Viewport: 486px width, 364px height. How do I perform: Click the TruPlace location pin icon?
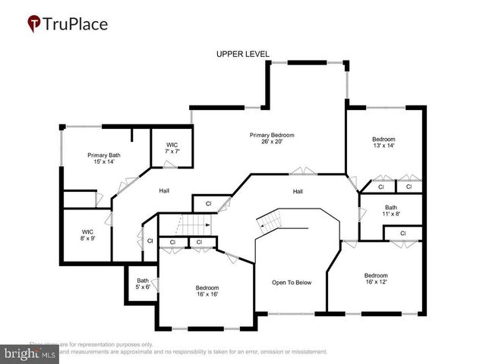pyautogui.click(x=35, y=24)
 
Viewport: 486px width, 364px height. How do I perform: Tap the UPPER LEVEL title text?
pyautogui.click(x=242, y=54)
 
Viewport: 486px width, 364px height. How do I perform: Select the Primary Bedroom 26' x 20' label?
pyautogui.click(x=272, y=139)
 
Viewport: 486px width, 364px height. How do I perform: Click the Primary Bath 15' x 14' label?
pyautogui.click(x=104, y=158)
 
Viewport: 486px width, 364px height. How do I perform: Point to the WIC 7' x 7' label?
pyautogui.click(x=172, y=147)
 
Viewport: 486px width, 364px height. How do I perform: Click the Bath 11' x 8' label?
pyautogui.click(x=390, y=211)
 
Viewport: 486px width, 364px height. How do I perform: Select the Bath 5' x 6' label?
pyautogui.click(x=143, y=284)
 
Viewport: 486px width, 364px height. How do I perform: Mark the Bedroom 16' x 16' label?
pyautogui.click(x=207, y=291)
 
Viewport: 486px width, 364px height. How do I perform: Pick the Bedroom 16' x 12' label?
pyautogui.click(x=376, y=279)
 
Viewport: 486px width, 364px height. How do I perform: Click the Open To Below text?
pyautogui.click(x=292, y=283)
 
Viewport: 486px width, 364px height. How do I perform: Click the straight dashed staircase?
pyautogui.click(x=195, y=224)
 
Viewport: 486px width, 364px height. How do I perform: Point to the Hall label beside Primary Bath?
pyautogui.click(x=163, y=190)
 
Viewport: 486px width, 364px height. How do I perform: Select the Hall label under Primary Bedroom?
pyautogui.click(x=298, y=191)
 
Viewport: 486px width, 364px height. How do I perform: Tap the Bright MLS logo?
pyautogui.click(x=30, y=353)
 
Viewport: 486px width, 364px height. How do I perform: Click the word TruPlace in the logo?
pyautogui.click(x=76, y=24)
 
